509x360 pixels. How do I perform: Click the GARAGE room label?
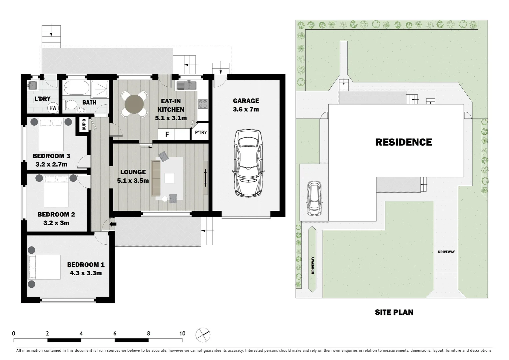pyautogui.click(x=246, y=101)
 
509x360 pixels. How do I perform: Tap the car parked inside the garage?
pyautogui.click(x=248, y=163)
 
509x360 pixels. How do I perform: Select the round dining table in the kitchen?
pyautogui.click(x=134, y=104)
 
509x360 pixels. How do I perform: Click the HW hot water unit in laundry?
pyautogui.click(x=53, y=108)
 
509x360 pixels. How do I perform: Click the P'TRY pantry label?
pyautogui.click(x=201, y=133)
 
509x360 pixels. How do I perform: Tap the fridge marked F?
pyautogui.click(x=167, y=134)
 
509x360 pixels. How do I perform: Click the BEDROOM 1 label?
pyautogui.click(x=86, y=265)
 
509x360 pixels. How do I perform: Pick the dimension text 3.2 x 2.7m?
pyautogui.click(x=51, y=164)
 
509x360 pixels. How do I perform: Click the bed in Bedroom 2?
pyautogui.click(x=56, y=191)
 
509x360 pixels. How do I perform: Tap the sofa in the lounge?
pyautogui.click(x=156, y=178)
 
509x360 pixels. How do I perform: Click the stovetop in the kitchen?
pyautogui.click(x=203, y=104)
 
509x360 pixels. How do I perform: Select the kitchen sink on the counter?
pyautogui.click(x=186, y=85)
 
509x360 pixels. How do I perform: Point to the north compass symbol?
pyautogui.click(x=203, y=335)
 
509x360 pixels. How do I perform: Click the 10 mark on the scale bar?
pyautogui.click(x=182, y=333)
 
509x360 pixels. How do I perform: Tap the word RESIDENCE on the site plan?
pyautogui.click(x=403, y=142)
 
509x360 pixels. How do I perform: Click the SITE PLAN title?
pyautogui.click(x=394, y=312)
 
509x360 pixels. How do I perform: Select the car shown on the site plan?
pyautogui.click(x=314, y=199)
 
